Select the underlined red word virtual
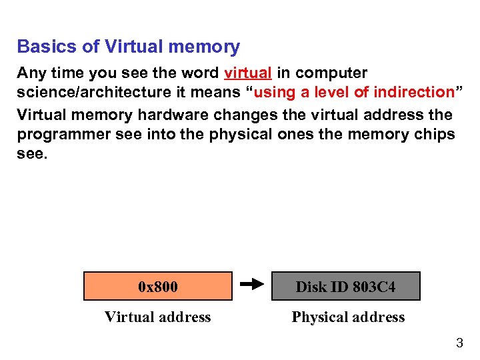248,73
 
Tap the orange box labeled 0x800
158,287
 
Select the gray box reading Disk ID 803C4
345,287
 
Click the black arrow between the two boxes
252,285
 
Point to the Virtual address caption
158,317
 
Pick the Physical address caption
348,317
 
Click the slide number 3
459,344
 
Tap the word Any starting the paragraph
31,73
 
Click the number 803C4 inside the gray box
373,287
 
